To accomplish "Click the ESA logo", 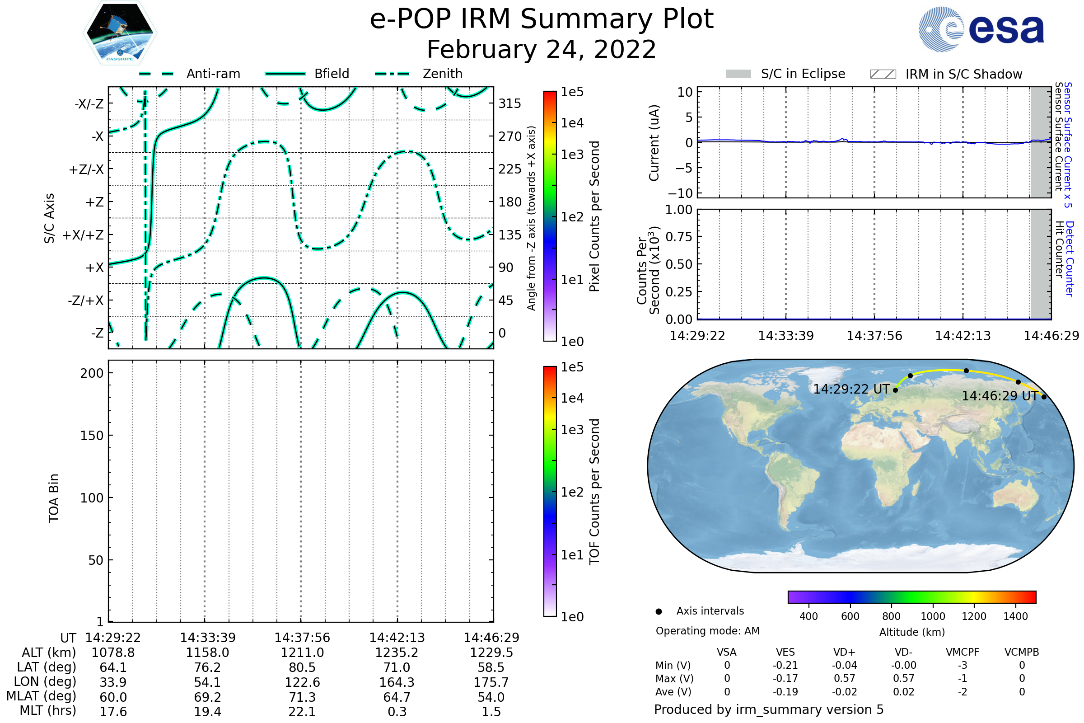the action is coord(981,29).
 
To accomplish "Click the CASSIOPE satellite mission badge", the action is coord(120,33).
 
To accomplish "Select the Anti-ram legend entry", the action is coord(189,74).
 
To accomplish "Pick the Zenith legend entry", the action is coord(419,74).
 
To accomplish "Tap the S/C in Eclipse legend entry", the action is coord(785,74).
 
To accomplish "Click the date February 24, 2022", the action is coord(542,49).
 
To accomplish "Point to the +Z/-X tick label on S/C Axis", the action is coord(86,169).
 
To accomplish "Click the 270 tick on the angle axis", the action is coord(510,136).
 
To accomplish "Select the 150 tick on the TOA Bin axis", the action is coord(92,436).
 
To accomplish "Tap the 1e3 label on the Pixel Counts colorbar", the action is coord(572,155).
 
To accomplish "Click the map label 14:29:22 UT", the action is coord(851,389).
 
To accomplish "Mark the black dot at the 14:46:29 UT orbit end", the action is coord(1044,397).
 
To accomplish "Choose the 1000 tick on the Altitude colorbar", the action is coord(933,616).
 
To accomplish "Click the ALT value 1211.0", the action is coord(302,653).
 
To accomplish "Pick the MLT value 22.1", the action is coord(302,711).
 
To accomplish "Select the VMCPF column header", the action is coord(963,652).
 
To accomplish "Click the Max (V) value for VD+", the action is coord(844,678).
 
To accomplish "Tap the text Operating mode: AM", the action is coord(707,631).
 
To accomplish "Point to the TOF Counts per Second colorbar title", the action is coord(594,492).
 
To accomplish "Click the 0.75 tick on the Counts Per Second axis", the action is coord(679,236).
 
